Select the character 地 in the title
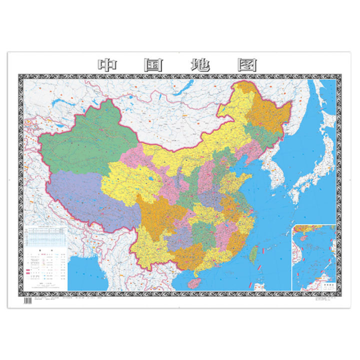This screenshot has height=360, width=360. click(x=200, y=65)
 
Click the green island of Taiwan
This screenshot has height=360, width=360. click(x=254, y=254)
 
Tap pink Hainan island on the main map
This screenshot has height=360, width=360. click(x=196, y=282)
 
